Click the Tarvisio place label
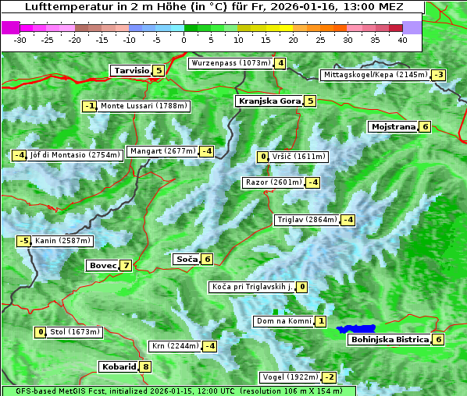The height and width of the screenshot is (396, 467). click(130, 71)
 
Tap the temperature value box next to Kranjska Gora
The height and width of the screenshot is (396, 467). click(310, 101)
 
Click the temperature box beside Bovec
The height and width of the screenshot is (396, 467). click(127, 266)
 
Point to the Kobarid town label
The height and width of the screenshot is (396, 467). click(118, 367)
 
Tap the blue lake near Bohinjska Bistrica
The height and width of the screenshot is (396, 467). click(356, 330)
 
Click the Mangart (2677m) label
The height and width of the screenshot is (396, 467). click(162, 151)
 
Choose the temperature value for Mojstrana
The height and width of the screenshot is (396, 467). click(425, 126)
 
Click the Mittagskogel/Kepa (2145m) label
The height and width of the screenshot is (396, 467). click(375, 75)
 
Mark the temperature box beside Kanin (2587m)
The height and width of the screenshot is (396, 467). click(24, 241)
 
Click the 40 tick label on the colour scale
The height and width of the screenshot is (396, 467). click(402, 39)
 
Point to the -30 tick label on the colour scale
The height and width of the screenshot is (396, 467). click(20, 39)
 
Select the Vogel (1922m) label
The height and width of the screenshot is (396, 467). click(291, 377)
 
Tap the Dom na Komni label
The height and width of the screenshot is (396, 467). click(283, 321)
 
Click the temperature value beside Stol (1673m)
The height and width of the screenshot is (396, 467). click(41, 332)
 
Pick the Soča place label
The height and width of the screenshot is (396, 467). click(186, 260)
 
